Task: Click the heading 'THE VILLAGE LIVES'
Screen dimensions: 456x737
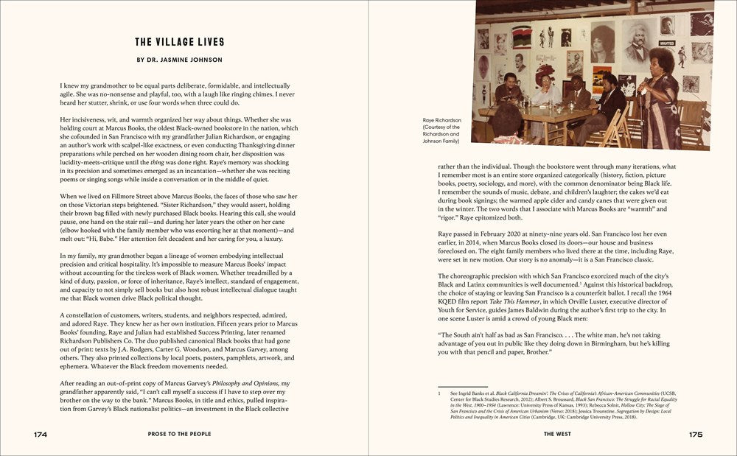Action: [x=180, y=42]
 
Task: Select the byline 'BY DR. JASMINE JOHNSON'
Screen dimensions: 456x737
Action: [x=180, y=60]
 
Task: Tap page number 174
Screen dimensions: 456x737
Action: [x=40, y=435]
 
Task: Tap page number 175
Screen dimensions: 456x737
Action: [x=696, y=435]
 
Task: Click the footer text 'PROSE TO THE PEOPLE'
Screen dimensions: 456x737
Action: [x=180, y=435]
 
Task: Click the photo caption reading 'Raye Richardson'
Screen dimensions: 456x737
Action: [x=441, y=119]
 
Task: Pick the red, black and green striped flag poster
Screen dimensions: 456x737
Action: [x=521, y=36]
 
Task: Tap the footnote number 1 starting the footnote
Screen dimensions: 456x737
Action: [x=439, y=393]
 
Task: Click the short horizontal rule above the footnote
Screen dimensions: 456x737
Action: [x=462, y=387]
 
